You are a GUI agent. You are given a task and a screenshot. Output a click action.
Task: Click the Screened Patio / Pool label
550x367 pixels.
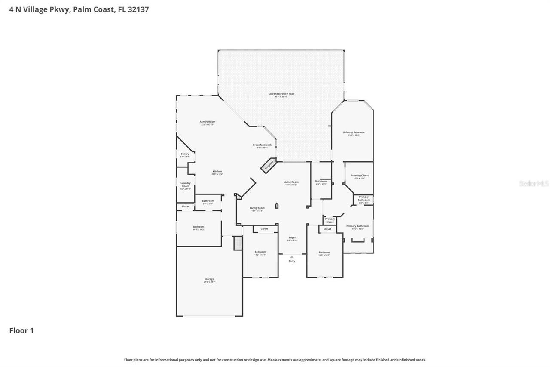pos(281,94)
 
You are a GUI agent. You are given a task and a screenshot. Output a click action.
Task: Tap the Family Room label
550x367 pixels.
pos(207,122)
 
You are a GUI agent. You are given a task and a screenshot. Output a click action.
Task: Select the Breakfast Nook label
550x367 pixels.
pos(262,145)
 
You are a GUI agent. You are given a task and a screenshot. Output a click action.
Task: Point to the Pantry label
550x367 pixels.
pos(185,154)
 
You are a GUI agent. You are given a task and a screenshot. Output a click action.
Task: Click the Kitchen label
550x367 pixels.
pos(217,172)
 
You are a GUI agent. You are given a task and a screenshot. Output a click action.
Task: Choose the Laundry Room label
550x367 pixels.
pos(185,185)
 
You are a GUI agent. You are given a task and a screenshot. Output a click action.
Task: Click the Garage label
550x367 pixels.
pos(209,279)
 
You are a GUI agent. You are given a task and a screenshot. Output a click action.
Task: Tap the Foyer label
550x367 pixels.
pos(292,238)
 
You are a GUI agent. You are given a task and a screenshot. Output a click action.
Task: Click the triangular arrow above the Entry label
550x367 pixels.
pos(292,257)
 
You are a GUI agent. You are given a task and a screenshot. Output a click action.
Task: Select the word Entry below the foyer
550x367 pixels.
pos(292,261)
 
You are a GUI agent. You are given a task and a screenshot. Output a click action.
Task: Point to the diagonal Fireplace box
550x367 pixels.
pos(269,165)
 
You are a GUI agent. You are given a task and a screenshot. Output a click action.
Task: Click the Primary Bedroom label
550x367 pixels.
pos(354,133)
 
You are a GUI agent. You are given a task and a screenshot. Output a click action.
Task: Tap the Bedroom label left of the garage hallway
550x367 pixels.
pos(199,227)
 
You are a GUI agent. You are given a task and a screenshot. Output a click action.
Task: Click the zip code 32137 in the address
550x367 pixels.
pos(138,9)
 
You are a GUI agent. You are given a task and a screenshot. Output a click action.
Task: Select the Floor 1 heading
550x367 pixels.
pos(21,330)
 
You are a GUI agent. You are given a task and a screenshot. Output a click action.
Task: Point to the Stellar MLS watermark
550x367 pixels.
pos(534,183)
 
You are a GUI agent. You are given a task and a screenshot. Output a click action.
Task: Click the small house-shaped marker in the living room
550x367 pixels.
pos(277,206)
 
